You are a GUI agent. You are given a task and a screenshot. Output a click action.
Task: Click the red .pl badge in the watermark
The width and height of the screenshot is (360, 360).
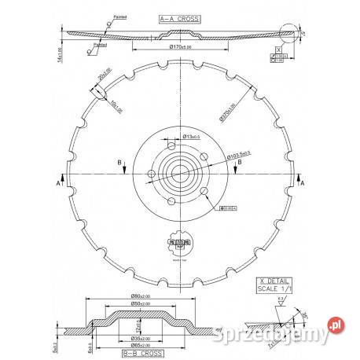pyautogui.click(x=337, y=322)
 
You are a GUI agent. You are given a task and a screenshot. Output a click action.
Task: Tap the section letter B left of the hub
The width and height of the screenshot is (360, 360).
pyautogui.click(x=119, y=162)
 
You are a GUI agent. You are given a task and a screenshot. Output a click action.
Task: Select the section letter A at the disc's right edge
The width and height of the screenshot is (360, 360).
pyautogui.click(x=303, y=182)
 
